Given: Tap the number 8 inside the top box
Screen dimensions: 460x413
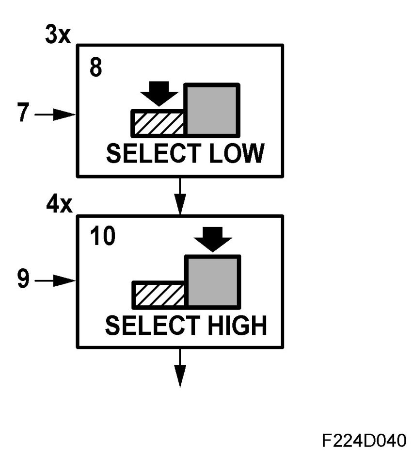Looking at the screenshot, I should [96, 68].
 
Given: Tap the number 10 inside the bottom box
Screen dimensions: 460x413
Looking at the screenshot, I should [102, 239].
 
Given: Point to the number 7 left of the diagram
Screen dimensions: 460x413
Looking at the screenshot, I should [21, 115].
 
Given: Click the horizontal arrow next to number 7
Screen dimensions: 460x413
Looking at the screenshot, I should [55, 115].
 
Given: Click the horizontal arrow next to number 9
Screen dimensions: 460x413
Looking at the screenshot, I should [55, 281].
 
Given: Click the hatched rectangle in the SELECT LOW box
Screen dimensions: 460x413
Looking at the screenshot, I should [158, 123].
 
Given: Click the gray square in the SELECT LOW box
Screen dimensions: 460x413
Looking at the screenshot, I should [212, 110].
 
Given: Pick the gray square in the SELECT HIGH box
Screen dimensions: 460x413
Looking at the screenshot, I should [212, 282].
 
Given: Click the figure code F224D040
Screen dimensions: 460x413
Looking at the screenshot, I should [363, 441].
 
